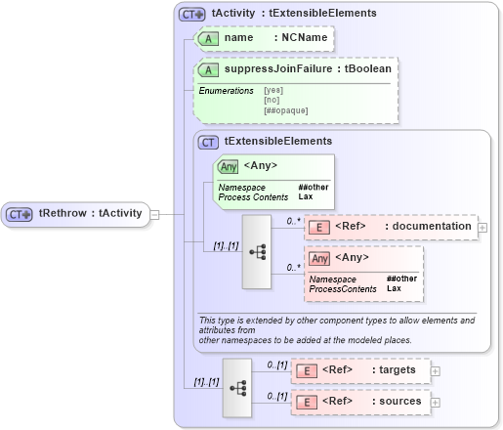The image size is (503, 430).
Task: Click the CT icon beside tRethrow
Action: [x=20, y=214]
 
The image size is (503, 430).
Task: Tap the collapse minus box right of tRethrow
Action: [x=154, y=214]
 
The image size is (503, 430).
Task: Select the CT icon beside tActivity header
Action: [x=191, y=14]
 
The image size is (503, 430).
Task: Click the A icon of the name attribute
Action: [x=208, y=38]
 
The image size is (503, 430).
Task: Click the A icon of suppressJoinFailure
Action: [x=208, y=70]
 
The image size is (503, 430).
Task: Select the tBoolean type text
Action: [x=369, y=70]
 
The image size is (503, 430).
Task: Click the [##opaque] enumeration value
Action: [x=285, y=110]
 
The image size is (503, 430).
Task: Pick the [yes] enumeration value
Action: [x=273, y=91]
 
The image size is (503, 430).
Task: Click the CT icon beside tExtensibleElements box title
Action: [x=209, y=142]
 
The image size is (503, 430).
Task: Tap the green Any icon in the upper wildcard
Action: [x=229, y=167]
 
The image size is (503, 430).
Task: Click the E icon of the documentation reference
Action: [x=318, y=227]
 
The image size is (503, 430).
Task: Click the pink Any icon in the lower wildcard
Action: [x=319, y=259]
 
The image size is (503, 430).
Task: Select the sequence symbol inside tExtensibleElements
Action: [x=258, y=251]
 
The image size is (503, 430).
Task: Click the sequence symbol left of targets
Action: [x=237, y=386]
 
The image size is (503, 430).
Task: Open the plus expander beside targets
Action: [x=436, y=370]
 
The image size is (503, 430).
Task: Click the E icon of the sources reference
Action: [x=305, y=402]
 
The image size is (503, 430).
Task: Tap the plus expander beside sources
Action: [x=436, y=402]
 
